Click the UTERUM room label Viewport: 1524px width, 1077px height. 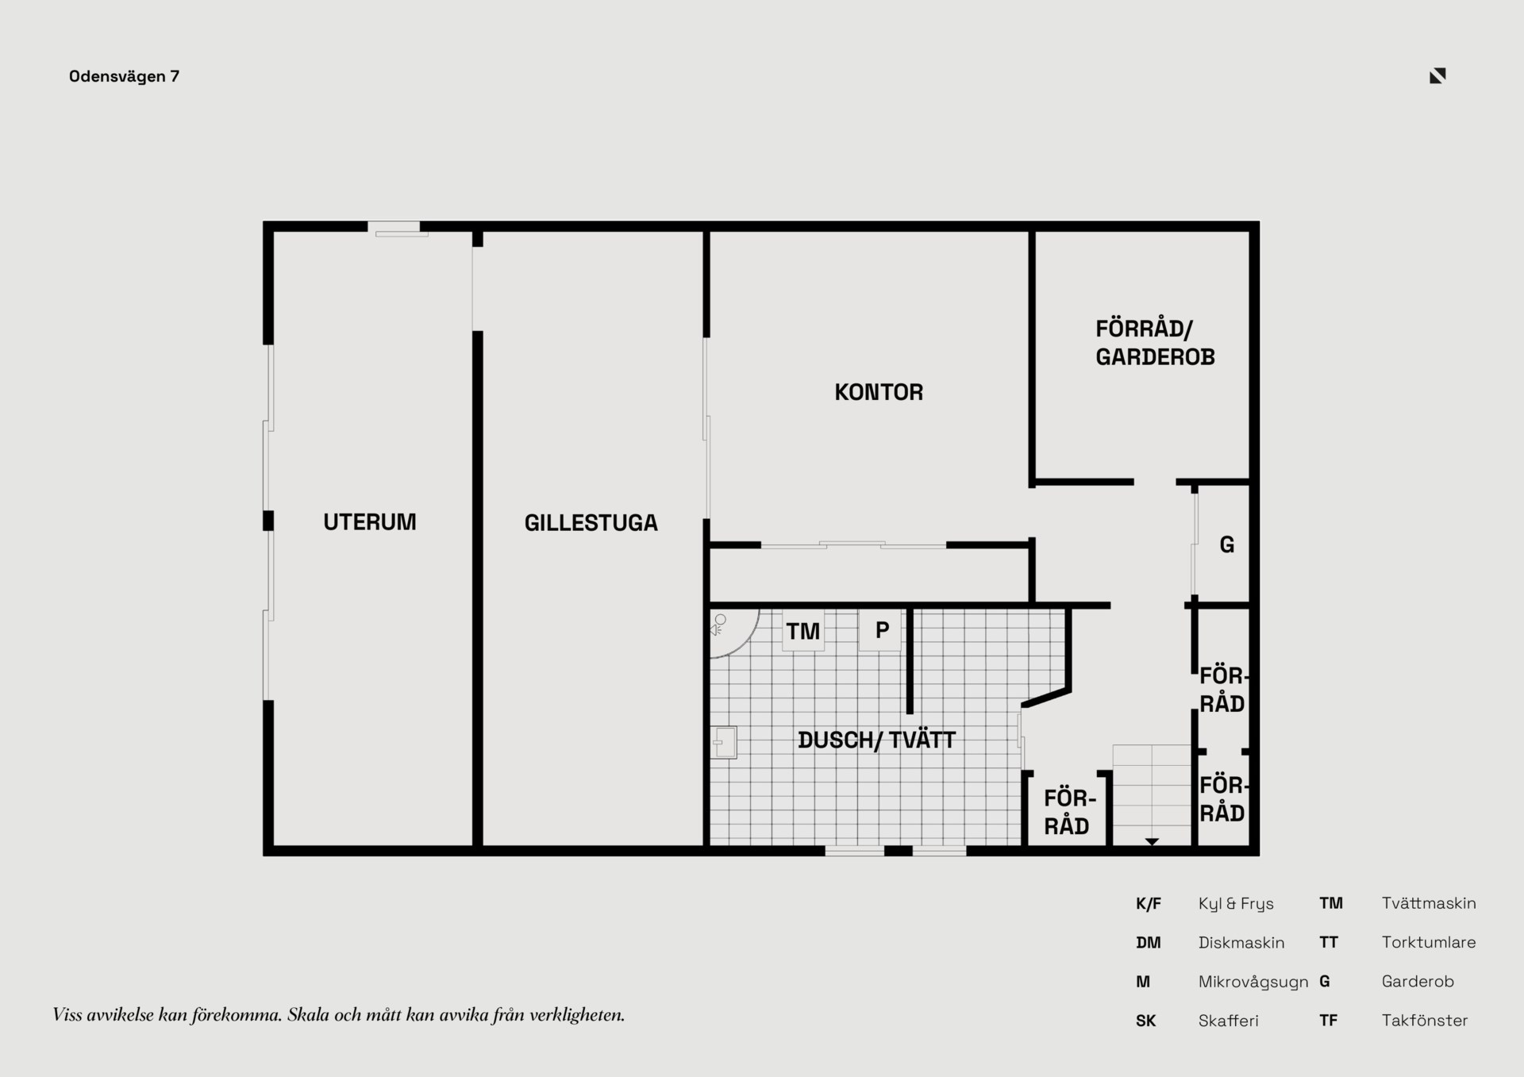click(370, 522)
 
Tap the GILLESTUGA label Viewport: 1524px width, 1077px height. click(591, 523)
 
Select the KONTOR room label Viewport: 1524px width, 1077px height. click(879, 392)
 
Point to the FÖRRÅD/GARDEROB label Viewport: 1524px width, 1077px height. click(1155, 343)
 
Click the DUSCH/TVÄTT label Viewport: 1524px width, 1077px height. click(876, 740)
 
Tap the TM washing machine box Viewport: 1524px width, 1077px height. click(803, 631)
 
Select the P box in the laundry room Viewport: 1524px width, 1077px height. click(881, 630)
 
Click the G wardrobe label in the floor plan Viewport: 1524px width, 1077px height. click(1227, 545)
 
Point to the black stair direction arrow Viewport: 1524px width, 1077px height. click(1152, 841)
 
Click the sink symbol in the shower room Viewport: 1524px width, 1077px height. click(723, 743)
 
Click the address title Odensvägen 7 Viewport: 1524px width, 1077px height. click(125, 76)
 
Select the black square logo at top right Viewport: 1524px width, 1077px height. click(1437, 75)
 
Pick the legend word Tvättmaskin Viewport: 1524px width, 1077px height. click(1429, 903)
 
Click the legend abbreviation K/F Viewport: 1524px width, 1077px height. click(1149, 903)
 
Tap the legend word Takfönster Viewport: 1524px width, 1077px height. click(1425, 1021)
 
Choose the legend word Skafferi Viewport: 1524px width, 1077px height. click(1228, 1021)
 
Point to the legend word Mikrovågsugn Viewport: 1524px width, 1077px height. click(1253, 983)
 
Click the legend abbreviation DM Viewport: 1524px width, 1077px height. click(1149, 943)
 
